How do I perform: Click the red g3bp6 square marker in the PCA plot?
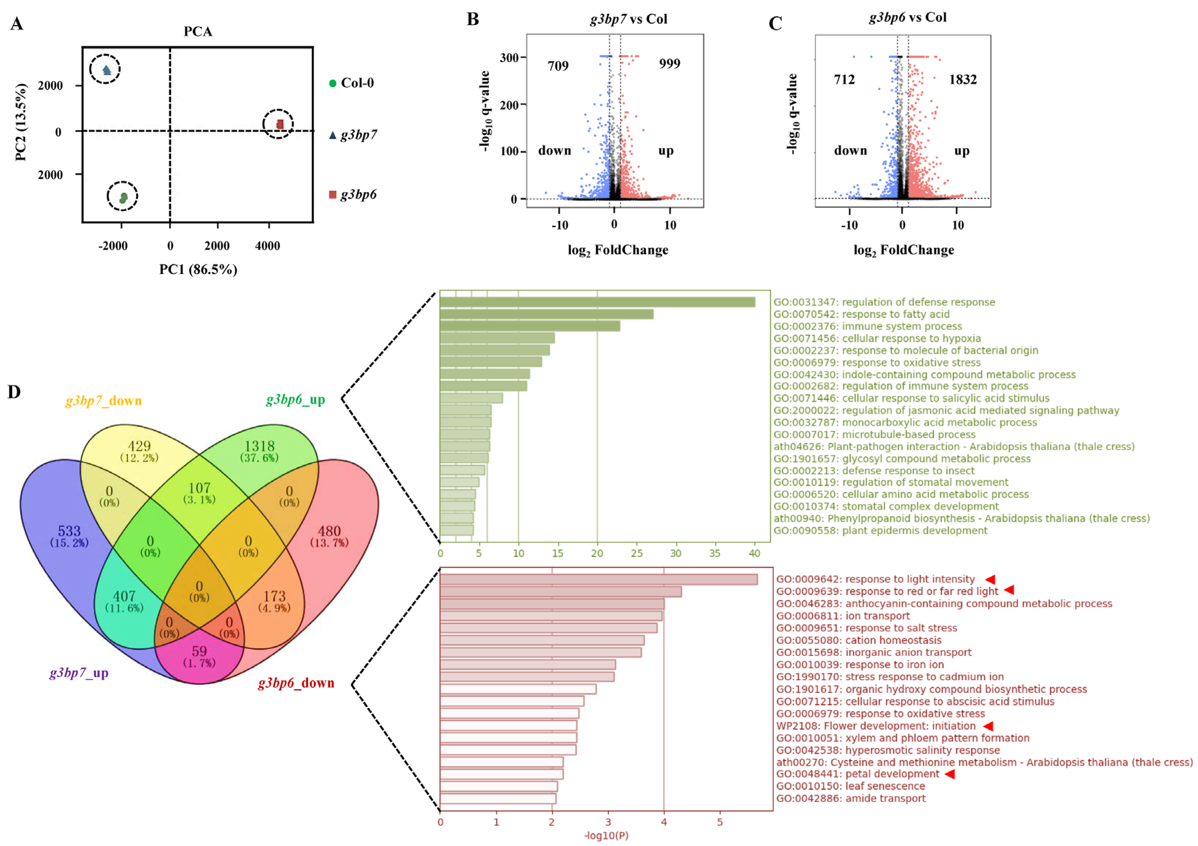(280, 124)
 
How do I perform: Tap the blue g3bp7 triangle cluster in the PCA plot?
(106, 69)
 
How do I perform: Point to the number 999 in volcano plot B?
(670, 64)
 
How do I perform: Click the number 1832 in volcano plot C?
(963, 79)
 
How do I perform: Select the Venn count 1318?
(259, 446)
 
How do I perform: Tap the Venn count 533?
(69, 531)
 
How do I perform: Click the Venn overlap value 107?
(199, 488)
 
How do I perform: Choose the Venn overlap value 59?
(199, 651)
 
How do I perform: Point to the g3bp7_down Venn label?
(103, 401)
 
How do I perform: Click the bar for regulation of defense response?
(597, 302)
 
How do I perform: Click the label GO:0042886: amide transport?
(850, 798)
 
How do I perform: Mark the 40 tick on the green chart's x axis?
(754, 553)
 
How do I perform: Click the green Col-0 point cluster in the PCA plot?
(123, 197)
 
